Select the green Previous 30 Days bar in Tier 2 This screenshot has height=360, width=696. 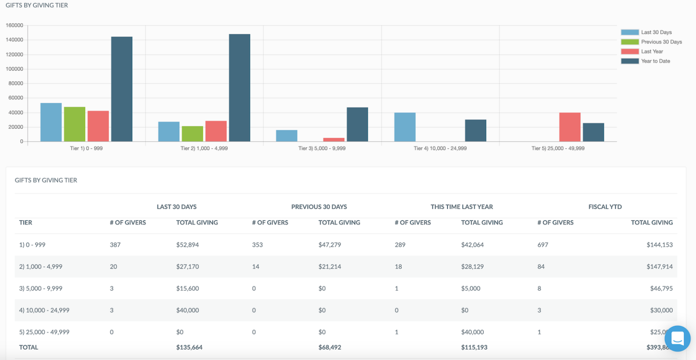click(192, 134)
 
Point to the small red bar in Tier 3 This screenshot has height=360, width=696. click(333, 140)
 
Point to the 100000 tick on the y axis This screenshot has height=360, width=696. click(14, 69)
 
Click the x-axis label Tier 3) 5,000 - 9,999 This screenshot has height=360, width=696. click(322, 148)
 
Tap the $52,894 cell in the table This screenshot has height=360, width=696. click(188, 245)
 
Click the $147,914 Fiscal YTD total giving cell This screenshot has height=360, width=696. click(659, 267)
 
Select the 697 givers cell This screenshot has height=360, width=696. click(543, 245)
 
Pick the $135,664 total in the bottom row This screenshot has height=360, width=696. click(189, 347)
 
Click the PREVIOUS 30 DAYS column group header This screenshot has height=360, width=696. click(319, 207)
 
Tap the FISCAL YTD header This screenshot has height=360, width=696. click(605, 207)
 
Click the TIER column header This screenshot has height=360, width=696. click(26, 223)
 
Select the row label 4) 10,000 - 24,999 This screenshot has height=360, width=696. click(44, 311)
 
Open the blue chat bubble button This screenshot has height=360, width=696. click(677, 338)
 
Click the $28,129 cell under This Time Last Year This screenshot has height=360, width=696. click(472, 267)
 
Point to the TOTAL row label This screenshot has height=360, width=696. click(29, 347)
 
